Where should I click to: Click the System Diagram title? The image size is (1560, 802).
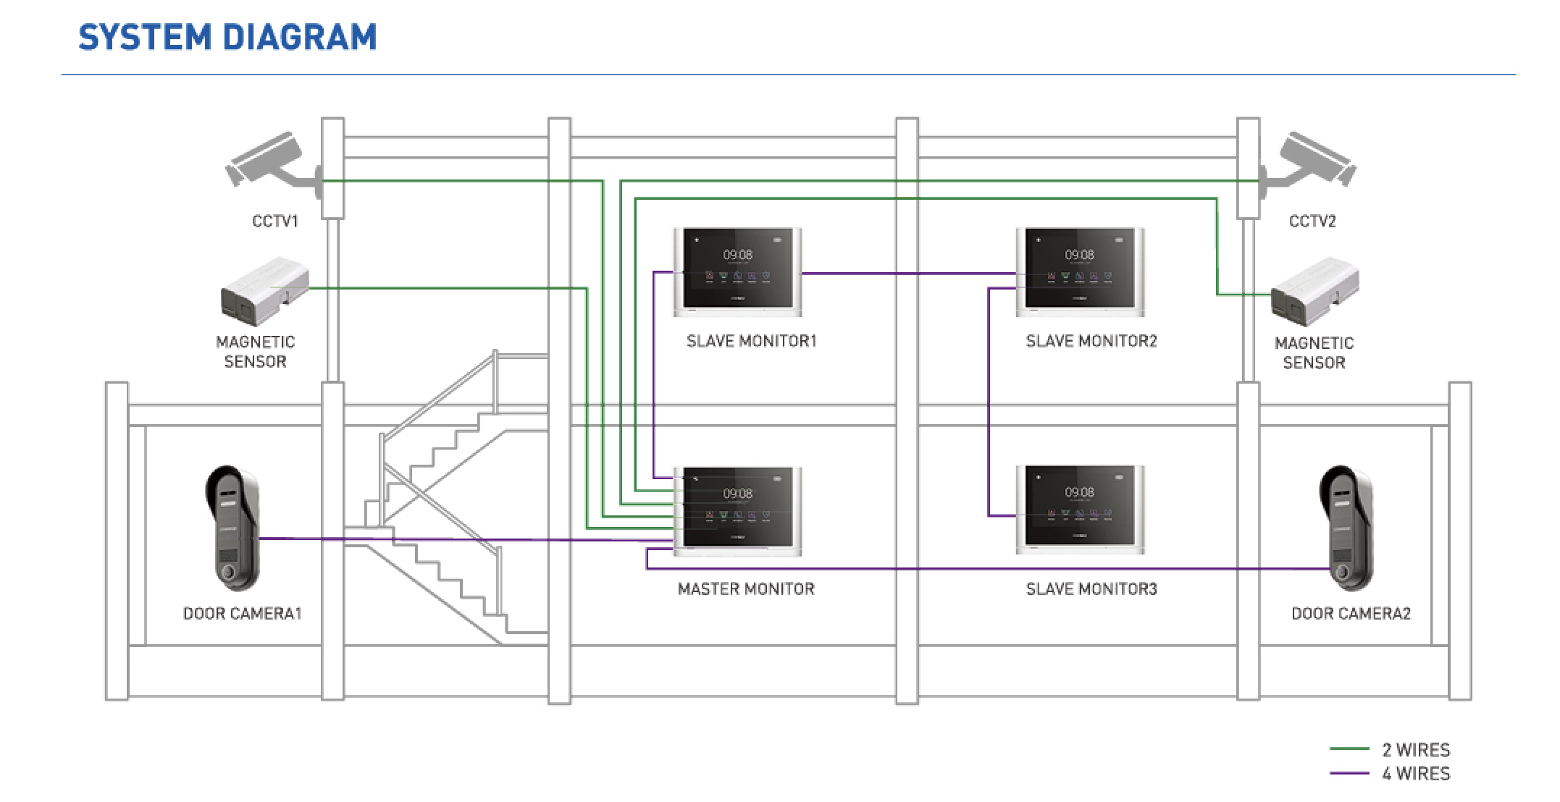(x=227, y=38)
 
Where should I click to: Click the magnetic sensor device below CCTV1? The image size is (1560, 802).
(x=264, y=291)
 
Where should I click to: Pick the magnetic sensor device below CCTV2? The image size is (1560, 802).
(x=1314, y=291)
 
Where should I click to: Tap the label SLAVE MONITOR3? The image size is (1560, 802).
(x=1091, y=589)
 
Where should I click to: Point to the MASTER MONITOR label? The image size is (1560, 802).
(x=746, y=589)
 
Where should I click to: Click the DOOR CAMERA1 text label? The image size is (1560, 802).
(x=242, y=614)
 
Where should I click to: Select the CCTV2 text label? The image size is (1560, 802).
(x=1312, y=221)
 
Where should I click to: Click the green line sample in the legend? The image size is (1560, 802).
(x=1349, y=749)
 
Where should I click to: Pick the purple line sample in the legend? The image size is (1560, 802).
(x=1349, y=774)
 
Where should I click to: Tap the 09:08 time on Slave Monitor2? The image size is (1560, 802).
(x=1079, y=255)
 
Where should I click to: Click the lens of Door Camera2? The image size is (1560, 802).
(x=1343, y=572)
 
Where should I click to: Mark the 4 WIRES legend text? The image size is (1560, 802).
(x=1416, y=774)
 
